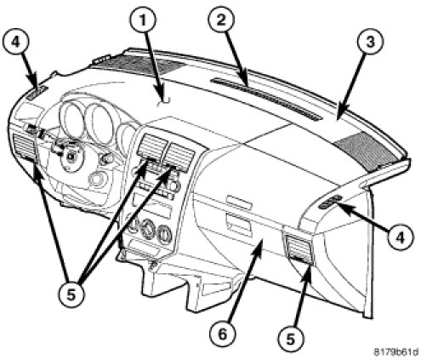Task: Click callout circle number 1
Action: pyautogui.click(x=143, y=20)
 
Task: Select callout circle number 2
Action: pyautogui.click(x=221, y=20)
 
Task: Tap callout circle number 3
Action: pyautogui.click(x=370, y=43)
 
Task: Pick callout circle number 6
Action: pyautogui.click(x=223, y=334)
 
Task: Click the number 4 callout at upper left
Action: pyautogui.click(x=15, y=43)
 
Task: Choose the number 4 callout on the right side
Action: pyautogui.click(x=401, y=237)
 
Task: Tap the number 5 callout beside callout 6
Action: pyautogui.click(x=291, y=339)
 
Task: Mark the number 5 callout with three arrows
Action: pyautogui.click(x=71, y=294)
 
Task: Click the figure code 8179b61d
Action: pyautogui.click(x=396, y=352)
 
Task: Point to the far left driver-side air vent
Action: pyautogui.click(x=24, y=147)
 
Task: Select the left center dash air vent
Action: pyautogui.click(x=152, y=146)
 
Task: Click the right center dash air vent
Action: pyautogui.click(x=181, y=157)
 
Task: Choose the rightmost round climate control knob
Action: pyautogui.click(x=164, y=233)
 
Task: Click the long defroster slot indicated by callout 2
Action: pyautogui.click(x=266, y=100)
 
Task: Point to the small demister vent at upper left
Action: pyautogui.click(x=37, y=93)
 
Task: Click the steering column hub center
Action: pyautogui.click(x=71, y=156)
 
